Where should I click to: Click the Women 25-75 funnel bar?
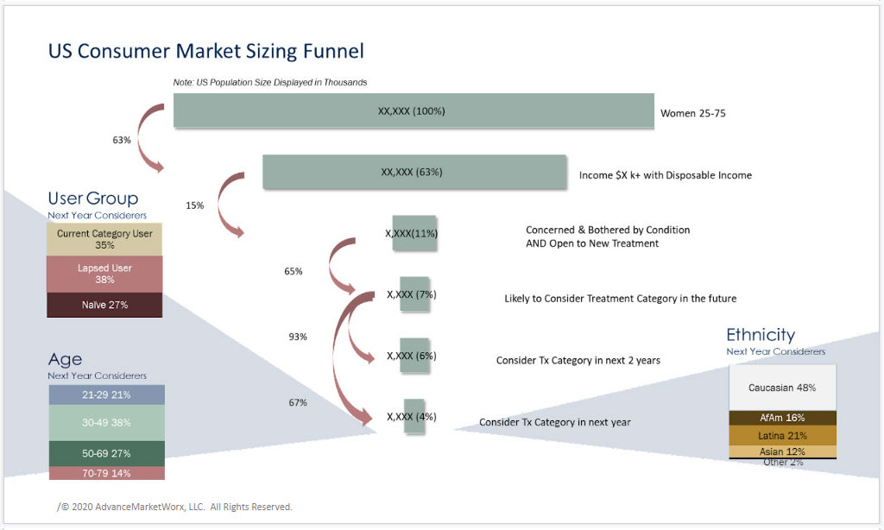[x=414, y=110]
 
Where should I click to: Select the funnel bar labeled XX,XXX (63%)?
[x=414, y=172]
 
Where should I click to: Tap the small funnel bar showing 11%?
[x=414, y=233]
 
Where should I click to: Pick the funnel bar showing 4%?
[x=414, y=417]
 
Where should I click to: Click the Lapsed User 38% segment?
[x=104, y=274]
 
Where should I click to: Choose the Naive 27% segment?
[x=104, y=305]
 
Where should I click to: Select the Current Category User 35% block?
[x=104, y=239]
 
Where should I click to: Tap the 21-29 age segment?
[x=106, y=394]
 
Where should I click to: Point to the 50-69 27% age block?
[x=106, y=453]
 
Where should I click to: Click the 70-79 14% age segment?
[x=106, y=473]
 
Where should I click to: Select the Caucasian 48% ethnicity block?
[x=782, y=388]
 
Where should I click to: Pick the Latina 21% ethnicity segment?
[x=782, y=436]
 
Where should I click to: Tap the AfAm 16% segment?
[x=782, y=418]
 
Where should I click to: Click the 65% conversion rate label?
[x=294, y=271]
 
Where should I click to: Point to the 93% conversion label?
[x=298, y=337]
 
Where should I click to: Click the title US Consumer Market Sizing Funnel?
[x=205, y=51]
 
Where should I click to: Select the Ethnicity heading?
[x=761, y=335]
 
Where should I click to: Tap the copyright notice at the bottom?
[x=174, y=507]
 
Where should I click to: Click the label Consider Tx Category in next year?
[x=555, y=422]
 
